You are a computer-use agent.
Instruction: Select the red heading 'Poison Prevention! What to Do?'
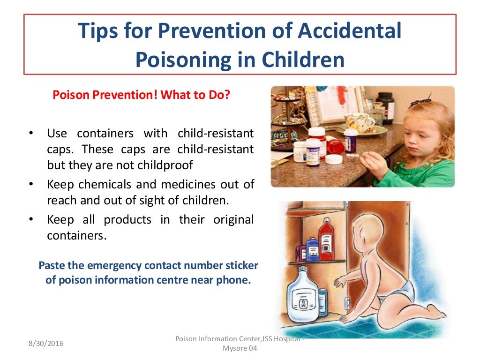click(142, 95)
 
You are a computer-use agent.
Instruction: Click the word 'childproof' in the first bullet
click(167, 165)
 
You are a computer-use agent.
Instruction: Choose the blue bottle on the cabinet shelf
click(312, 249)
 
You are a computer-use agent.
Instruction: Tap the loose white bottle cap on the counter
click(333, 159)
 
